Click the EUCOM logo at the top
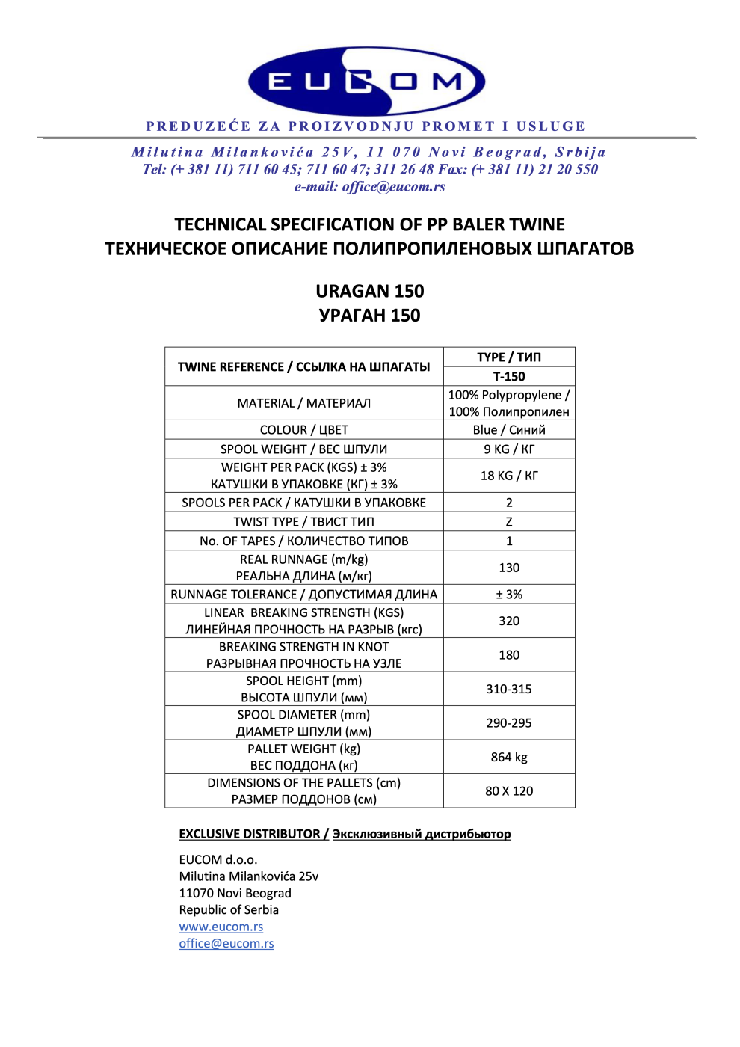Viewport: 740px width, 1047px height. pos(366,81)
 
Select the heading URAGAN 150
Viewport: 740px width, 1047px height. pos(369,291)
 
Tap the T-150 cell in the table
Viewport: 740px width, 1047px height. pos(509,376)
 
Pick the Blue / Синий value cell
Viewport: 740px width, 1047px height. pos(509,430)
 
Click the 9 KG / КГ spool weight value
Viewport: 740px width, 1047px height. pos(509,449)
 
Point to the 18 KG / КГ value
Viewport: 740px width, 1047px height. pos(509,476)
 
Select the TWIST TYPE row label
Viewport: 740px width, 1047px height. pos(303,522)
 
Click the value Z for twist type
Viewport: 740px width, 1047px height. pos(509,522)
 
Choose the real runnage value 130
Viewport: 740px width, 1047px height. pos(509,568)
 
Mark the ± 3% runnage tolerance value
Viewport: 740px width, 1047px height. pos(509,595)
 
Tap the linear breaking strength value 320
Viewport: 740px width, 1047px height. pos(509,621)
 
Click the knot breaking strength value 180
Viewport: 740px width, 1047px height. pos(509,655)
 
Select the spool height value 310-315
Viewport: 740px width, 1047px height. pos(509,689)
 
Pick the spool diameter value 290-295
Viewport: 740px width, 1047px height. pos(509,723)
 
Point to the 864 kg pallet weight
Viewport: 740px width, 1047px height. pos(509,757)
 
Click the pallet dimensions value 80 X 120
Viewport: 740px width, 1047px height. pos(509,791)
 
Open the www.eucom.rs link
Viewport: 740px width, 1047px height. pos(221,927)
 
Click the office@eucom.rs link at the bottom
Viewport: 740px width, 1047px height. pos(226,944)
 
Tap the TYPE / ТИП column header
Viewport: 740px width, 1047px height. pos(509,357)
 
